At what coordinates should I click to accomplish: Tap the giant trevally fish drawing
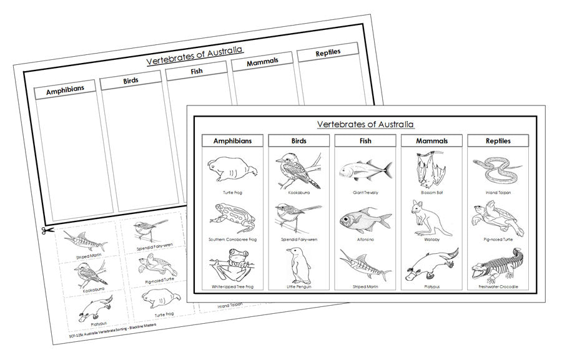tap(365, 168)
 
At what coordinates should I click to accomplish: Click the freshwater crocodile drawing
tap(498, 265)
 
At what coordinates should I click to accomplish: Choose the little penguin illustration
tap(298, 265)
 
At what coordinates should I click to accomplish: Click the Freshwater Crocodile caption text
tap(498, 286)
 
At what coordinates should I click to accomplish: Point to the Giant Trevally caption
tap(365, 192)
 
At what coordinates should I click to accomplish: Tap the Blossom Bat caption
tap(431, 192)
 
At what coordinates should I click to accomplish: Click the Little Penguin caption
tap(298, 286)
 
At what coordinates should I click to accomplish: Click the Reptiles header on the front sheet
tap(498, 141)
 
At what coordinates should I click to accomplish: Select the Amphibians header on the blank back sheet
tap(65, 89)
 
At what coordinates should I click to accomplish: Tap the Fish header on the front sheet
tap(365, 141)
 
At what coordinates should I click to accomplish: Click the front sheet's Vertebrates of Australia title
tap(365, 124)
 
